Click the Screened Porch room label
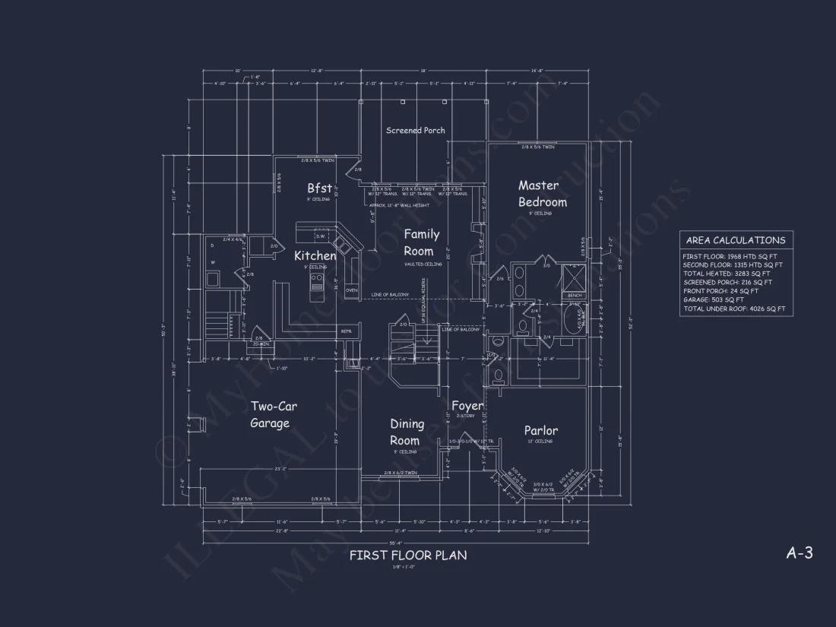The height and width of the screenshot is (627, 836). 415,131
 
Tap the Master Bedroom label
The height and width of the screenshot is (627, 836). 542,194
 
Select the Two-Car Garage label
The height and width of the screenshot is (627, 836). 274,415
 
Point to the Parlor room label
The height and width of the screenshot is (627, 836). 541,431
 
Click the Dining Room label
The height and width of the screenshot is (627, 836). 406,432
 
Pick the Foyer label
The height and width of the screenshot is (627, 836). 467,407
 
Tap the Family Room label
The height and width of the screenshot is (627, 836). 419,242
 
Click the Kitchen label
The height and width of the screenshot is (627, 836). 315,256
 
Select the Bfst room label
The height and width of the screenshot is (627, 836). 319,188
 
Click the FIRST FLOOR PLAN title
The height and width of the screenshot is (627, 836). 408,556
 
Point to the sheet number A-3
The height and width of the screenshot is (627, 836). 799,553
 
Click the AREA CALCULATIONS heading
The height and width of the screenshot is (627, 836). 735,240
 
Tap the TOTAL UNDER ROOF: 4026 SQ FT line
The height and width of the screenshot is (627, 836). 733,309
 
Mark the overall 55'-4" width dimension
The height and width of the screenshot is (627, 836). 395,543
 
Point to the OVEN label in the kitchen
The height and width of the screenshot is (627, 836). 351,290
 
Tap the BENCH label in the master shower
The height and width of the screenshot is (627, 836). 575,295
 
